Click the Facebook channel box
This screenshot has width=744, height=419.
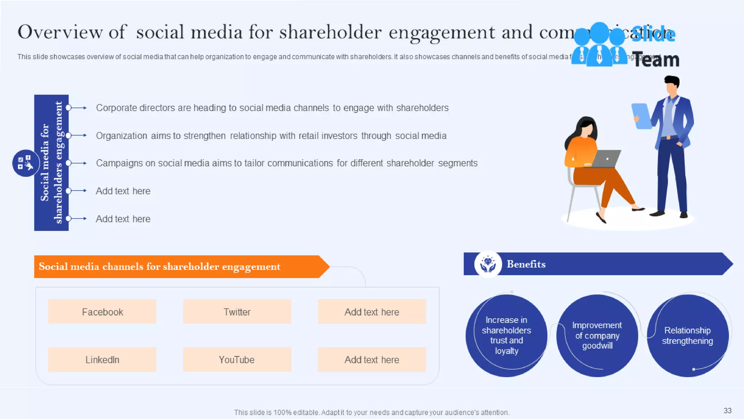(102, 312)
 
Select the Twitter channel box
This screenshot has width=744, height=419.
(237, 312)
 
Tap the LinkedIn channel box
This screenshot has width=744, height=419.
(102, 359)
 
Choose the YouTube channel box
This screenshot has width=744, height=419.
(237, 359)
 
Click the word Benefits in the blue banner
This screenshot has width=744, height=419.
(526, 264)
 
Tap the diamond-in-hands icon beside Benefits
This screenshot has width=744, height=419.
(488, 264)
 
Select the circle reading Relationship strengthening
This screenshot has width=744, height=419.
(687, 335)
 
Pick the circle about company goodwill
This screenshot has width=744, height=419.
(597, 335)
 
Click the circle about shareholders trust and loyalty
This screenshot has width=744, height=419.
(506, 335)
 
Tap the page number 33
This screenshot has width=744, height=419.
(727, 411)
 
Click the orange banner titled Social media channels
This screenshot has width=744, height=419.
(178, 267)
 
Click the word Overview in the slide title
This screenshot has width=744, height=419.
(60, 32)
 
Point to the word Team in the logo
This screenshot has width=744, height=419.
(656, 60)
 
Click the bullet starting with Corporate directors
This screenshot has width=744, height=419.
(272, 108)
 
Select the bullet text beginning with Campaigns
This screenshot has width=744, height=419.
(287, 163)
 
